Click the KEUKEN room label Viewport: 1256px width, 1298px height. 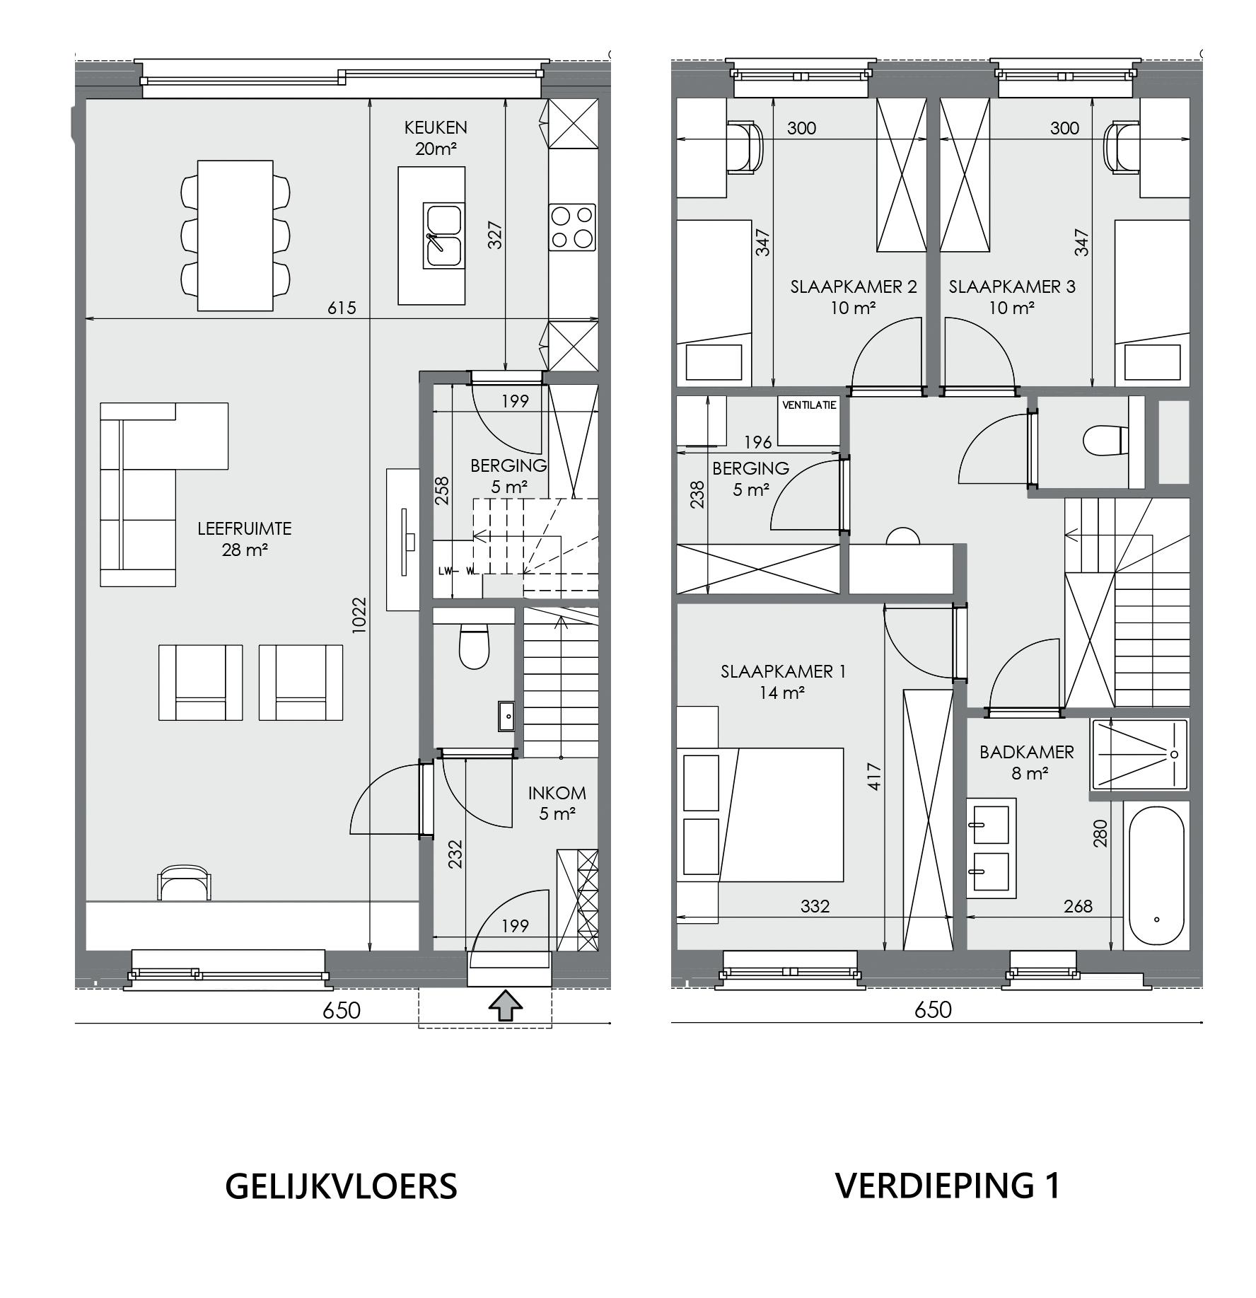tap(436, 128)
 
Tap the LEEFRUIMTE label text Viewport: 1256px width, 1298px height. tap(245, 528)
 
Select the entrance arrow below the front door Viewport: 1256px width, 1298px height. tap(506, 1005)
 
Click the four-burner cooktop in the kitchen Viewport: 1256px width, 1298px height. tap(572, 227)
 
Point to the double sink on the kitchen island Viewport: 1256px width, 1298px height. tap(443, 236)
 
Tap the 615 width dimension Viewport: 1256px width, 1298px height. tap(342, 308)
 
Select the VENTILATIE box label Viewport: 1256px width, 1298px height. tap(809, 405)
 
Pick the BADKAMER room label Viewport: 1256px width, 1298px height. tap(1027, 752)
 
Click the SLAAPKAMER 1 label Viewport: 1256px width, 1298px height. tap(783, 671)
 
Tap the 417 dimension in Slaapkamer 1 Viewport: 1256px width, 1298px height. tap(875, 775)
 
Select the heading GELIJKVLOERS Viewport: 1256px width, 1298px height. tap(341, 1186)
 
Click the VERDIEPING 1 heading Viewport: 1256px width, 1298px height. tap(948, 1186)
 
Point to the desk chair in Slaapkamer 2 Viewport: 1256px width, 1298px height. tap(745, 147)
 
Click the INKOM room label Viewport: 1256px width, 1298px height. tap(557, 793)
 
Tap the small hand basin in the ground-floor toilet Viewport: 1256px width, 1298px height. tap(506, 716)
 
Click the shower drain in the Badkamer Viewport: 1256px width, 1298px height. tap(1174, 754)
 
